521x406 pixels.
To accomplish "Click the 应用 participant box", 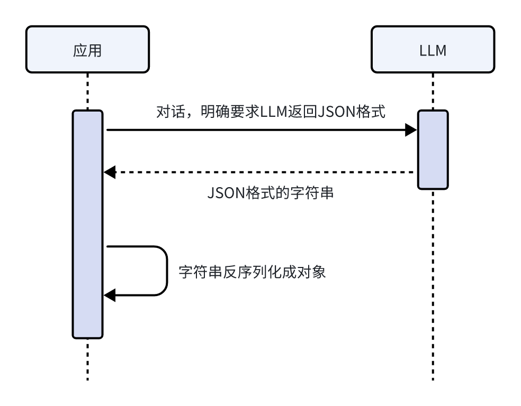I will (87, 50).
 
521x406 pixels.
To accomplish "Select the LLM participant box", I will (433, 50).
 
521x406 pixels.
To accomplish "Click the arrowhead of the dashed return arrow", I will (109, 172).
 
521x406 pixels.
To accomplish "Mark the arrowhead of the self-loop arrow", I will (109, 296).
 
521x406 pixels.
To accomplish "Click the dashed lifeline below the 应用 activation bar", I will (87, 359).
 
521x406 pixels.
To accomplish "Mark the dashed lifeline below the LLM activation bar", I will (433, 285).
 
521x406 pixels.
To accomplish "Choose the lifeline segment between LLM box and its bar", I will (433, 91).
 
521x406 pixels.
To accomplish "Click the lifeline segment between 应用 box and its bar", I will (87, 91).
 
